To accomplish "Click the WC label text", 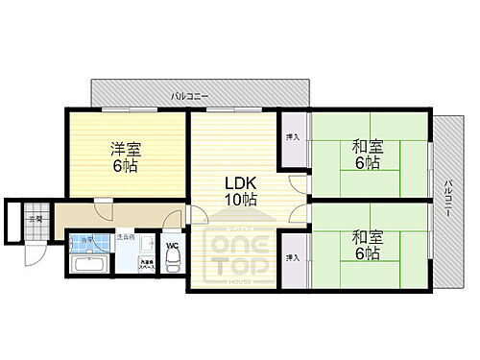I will pos(173,245).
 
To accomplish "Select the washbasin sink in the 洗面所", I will pos(125,252).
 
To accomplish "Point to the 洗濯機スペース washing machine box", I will pos(145,261).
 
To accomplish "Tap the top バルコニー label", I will pos(189,96).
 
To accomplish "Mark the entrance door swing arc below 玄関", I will pos(35,252).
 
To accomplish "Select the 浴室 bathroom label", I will pos(85,239).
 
